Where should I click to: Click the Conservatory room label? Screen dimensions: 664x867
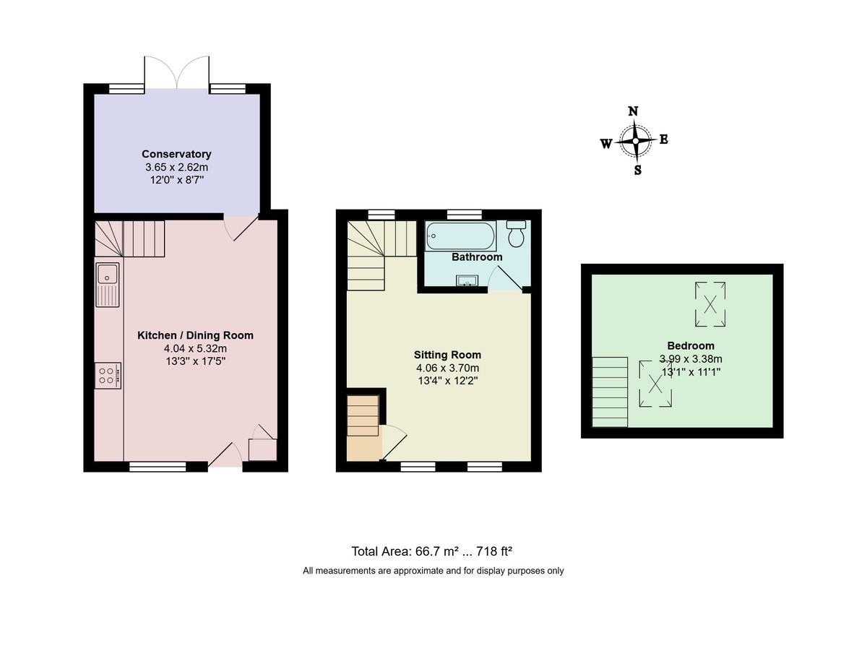click(176, 154)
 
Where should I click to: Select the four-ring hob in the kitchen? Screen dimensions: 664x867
click(107, 374)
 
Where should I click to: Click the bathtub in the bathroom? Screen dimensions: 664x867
click(461, 235)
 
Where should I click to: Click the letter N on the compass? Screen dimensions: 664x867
click(634, 111)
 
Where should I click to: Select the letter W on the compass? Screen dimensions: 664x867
click(606, 143)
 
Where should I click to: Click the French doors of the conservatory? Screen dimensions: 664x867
click(177, 73)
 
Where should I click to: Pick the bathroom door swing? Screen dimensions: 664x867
click(505, 277)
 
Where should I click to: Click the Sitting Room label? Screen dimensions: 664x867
click(447, 355)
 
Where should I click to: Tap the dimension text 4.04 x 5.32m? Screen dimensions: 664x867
click(196, 348)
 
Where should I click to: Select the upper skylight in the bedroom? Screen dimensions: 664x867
click(710, 303)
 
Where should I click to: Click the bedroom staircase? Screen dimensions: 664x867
click(610, 392)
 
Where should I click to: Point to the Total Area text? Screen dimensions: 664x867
click(432, 551)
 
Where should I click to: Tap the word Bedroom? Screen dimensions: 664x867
click(691, 345)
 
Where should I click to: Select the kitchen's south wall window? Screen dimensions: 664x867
click(158, 467)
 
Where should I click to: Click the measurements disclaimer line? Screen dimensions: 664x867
click(433, 571)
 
